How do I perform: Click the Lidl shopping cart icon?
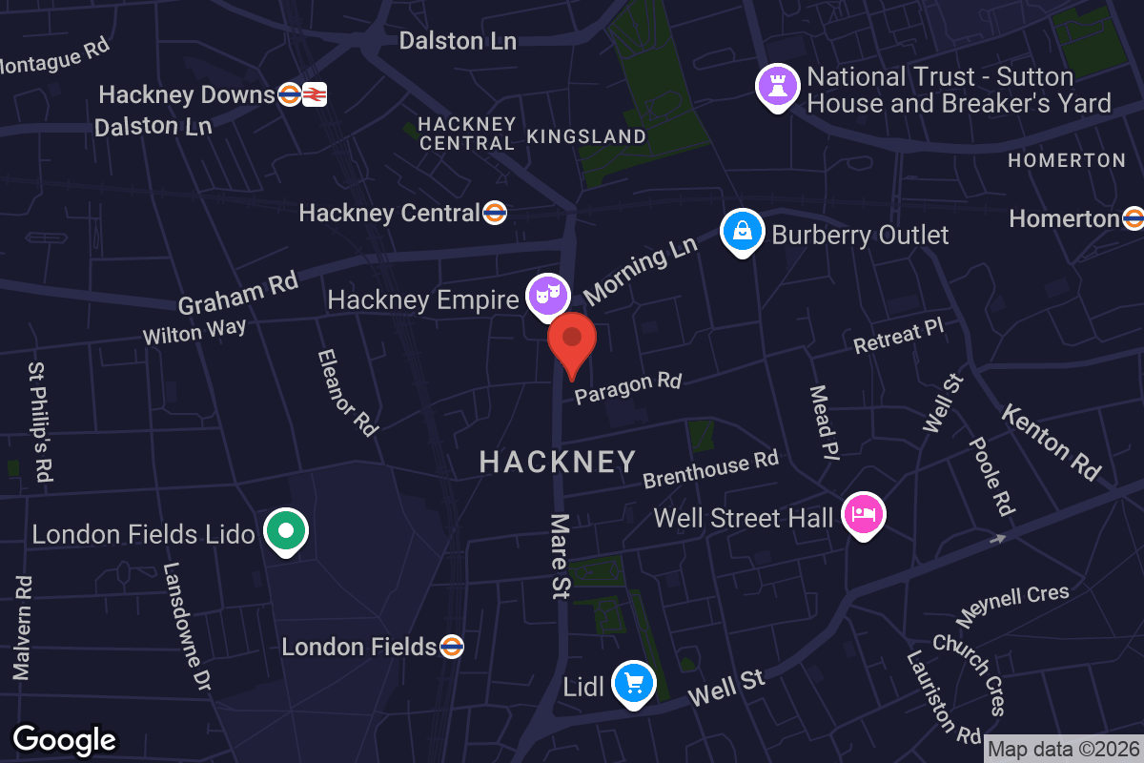(632, 683)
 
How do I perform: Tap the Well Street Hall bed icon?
(864, 515)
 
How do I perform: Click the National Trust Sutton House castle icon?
(778, 86)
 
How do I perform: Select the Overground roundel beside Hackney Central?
(494, 213)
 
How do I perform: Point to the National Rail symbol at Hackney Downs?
(316, 94)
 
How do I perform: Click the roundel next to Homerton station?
(1133, 218)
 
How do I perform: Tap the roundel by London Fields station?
(452, 647)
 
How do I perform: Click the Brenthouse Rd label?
(711, 468)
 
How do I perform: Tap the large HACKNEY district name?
(558, 463)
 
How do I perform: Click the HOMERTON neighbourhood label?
(1067, 160)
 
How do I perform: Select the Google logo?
(64, 739)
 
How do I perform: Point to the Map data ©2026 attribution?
(1063, 750)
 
